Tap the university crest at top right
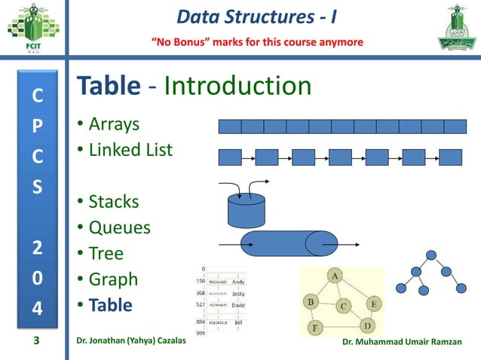[450, 29]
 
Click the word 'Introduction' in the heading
[237, 86]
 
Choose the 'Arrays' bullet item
[114, 124]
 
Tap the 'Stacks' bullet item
[114, 202]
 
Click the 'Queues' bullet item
[119, 227]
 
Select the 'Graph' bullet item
[113, 279]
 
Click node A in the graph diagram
[334, 276]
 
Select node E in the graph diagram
[373, 303]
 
